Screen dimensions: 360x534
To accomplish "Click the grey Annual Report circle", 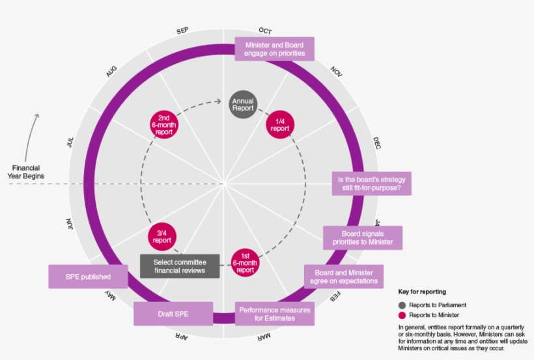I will (243, 104).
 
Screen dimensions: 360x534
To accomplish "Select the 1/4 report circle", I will (280, 124).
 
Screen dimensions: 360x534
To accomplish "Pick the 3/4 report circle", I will (162, 236).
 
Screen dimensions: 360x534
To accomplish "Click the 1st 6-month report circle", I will (245, 262).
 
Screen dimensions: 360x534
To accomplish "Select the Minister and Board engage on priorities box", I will (275, 49).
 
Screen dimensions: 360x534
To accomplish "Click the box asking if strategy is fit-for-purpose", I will (371, 184).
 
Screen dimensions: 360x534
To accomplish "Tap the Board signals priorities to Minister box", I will (363, 238).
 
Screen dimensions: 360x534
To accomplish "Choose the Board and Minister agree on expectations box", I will (344, 276).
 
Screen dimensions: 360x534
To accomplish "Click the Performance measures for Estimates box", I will (275, 314).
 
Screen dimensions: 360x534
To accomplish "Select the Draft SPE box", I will (174, 314).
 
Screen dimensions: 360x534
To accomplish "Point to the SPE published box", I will (88, 276).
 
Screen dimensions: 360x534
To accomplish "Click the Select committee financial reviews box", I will (180, 266).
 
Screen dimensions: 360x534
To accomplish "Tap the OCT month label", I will (265, 31).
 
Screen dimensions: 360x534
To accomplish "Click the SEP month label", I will (182, 31).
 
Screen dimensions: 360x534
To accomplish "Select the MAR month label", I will (263, 337).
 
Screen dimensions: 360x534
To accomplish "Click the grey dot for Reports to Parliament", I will (402, 305).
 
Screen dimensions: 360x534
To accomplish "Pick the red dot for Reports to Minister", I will (402, 315).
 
